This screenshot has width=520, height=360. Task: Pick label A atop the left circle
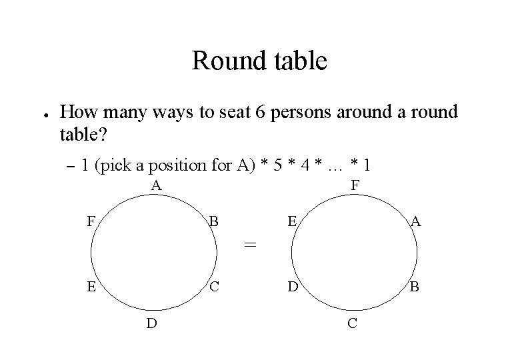pyautogui.click(x=156, y=185)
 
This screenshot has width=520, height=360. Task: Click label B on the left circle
pyautogui.click(x=213, y=221)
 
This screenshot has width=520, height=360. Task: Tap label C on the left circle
pyautogui.click(x=213, y=288)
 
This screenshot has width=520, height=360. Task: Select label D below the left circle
pyautogui.click(x=152, y=325)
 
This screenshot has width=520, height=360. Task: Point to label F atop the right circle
pyautogui.click(x=355, y=185)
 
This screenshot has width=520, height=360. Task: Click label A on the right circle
pyautogui.click(x=416, y=221)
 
